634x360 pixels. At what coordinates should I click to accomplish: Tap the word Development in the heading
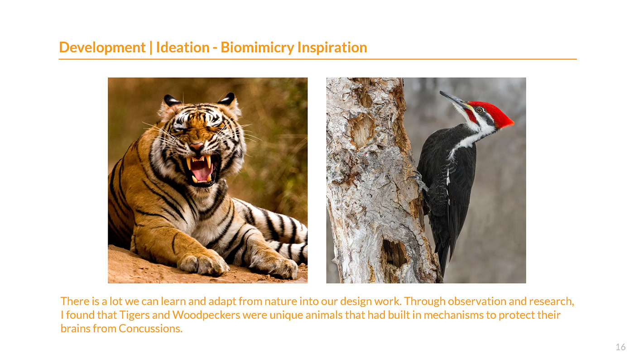[x=102, y=48]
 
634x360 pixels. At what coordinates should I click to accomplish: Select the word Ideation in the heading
[x=183, y=47]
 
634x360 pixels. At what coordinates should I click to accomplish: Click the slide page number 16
[x=620, y=347]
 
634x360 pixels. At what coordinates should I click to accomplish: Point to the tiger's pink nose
[x=197, y=147]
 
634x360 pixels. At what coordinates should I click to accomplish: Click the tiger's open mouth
[x=201, y=169]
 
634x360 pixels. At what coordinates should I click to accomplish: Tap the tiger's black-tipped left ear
[x=171, y=101]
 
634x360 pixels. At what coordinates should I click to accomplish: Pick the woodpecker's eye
[x=479, y=110]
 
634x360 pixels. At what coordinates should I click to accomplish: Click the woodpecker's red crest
[x=495, y=113]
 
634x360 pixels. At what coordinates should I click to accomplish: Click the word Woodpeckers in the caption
[x=206, y=315]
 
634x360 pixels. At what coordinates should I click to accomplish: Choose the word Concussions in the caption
[x=150, y=329]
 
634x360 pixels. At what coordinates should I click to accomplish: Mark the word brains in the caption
[x=75, y=329]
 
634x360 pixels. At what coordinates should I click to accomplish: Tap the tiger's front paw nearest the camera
[x=203, y=263]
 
